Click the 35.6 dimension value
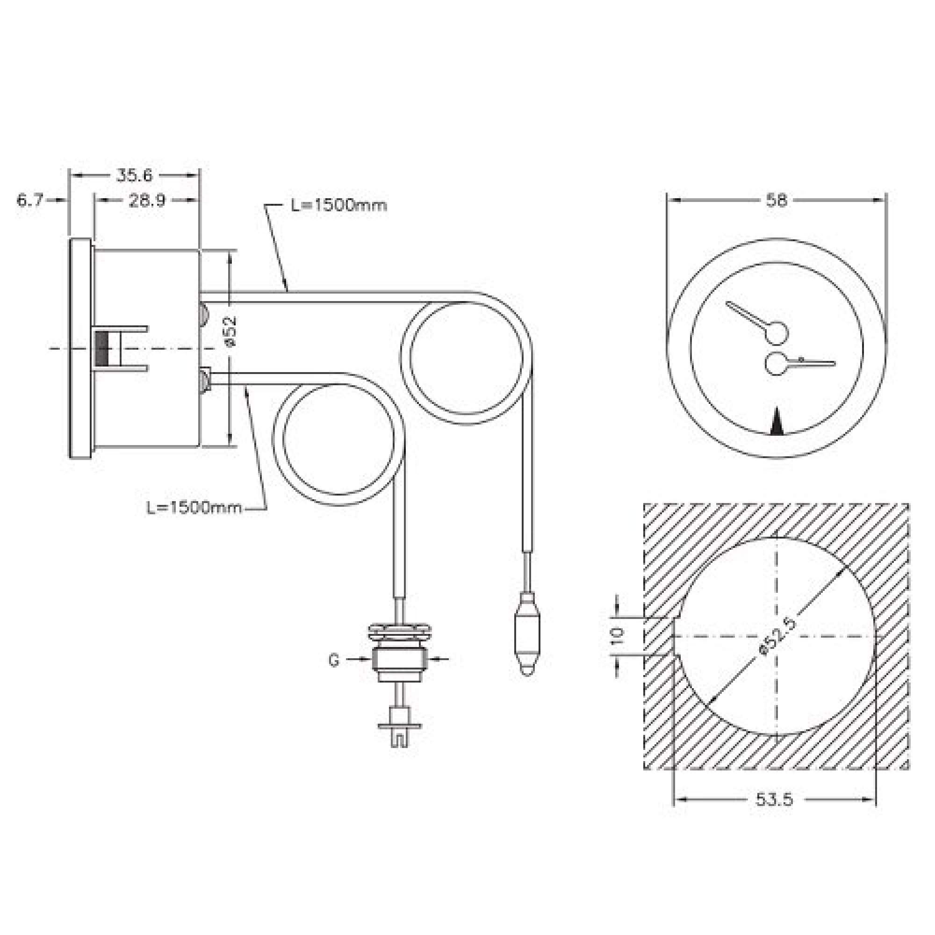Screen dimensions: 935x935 (x=134, y=175)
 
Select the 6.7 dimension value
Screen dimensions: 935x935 (x=30, y=200)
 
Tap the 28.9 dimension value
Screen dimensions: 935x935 (x=147, y=201)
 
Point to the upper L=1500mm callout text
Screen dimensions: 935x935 (x=339, y=205)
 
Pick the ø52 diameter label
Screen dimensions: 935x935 (x=231, y=331)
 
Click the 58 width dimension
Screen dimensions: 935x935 (x=776, y=200)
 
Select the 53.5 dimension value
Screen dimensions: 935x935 (x=774, y=799)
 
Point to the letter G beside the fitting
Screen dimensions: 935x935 (x=334, y=660)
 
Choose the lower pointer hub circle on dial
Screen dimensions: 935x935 (x=776, y=364)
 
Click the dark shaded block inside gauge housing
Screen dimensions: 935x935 (x=102, y=348)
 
